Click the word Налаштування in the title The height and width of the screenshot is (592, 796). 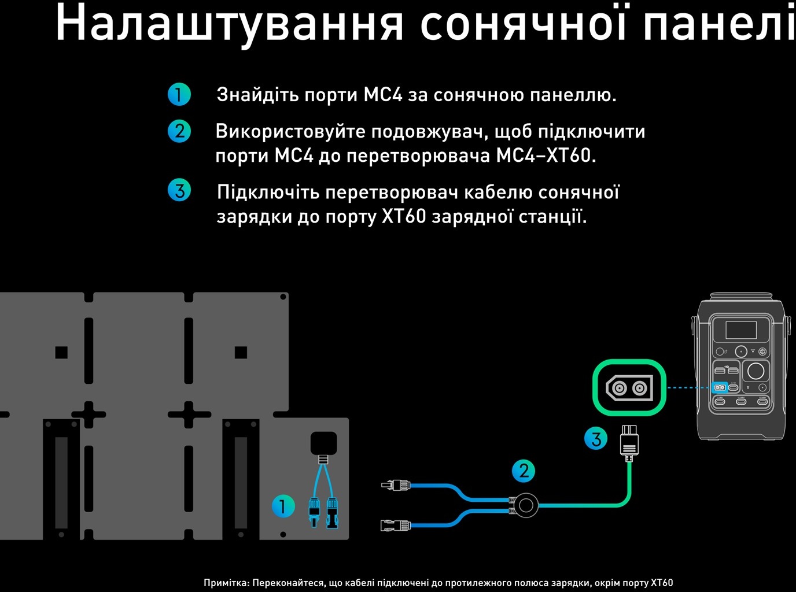pyautogui.click(x=229, y=23)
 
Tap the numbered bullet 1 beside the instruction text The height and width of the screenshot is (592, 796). pyautogui.click(x=179, y=94)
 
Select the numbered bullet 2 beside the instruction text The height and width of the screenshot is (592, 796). pyautogui.click(x=179, y=131)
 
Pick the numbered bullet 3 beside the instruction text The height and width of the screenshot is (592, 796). pyautogui.click(x=179, y=190)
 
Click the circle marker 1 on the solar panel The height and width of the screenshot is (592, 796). pyautogui.click(x=283, y=506)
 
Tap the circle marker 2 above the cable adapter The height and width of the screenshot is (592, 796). pyautogui.click(x=524, y=471)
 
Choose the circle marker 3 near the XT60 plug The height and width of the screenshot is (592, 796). pyautogui.click(x=596, y=439)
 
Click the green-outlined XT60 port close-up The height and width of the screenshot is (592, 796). pyautogui.click(x=629, y=387)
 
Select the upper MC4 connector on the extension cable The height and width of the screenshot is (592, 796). pyautogui.click(x=396, y=484)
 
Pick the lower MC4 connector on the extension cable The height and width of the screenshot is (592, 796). pyautogui.click(x=396, y=526)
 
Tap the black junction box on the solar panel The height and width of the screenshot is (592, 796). pyautogui.click(x=323, y=443)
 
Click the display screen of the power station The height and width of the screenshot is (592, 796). pyautogui.click(x=741, y=330)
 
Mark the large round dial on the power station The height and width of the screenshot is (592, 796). pyautogui.click(x=756, y=370)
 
